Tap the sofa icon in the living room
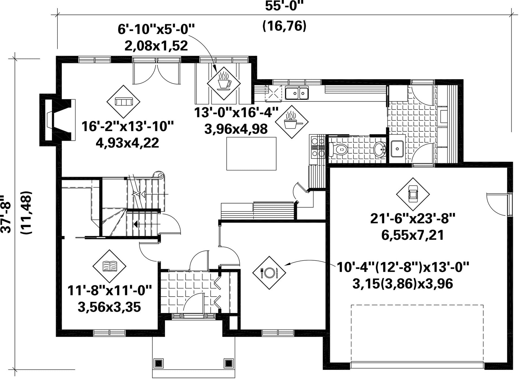[123, 102]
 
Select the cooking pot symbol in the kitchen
[292, 122]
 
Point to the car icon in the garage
[413, 194]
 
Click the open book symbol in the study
[110, 266]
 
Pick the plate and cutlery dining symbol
[269, 273]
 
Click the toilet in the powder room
[338, 150]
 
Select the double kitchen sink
[297, 93]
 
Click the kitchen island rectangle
[251, 154]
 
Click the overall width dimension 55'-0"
[285, 6]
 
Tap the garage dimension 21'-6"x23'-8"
[413, 219]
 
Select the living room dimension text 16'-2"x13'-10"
[128, 126]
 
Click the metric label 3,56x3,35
[109, 307]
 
